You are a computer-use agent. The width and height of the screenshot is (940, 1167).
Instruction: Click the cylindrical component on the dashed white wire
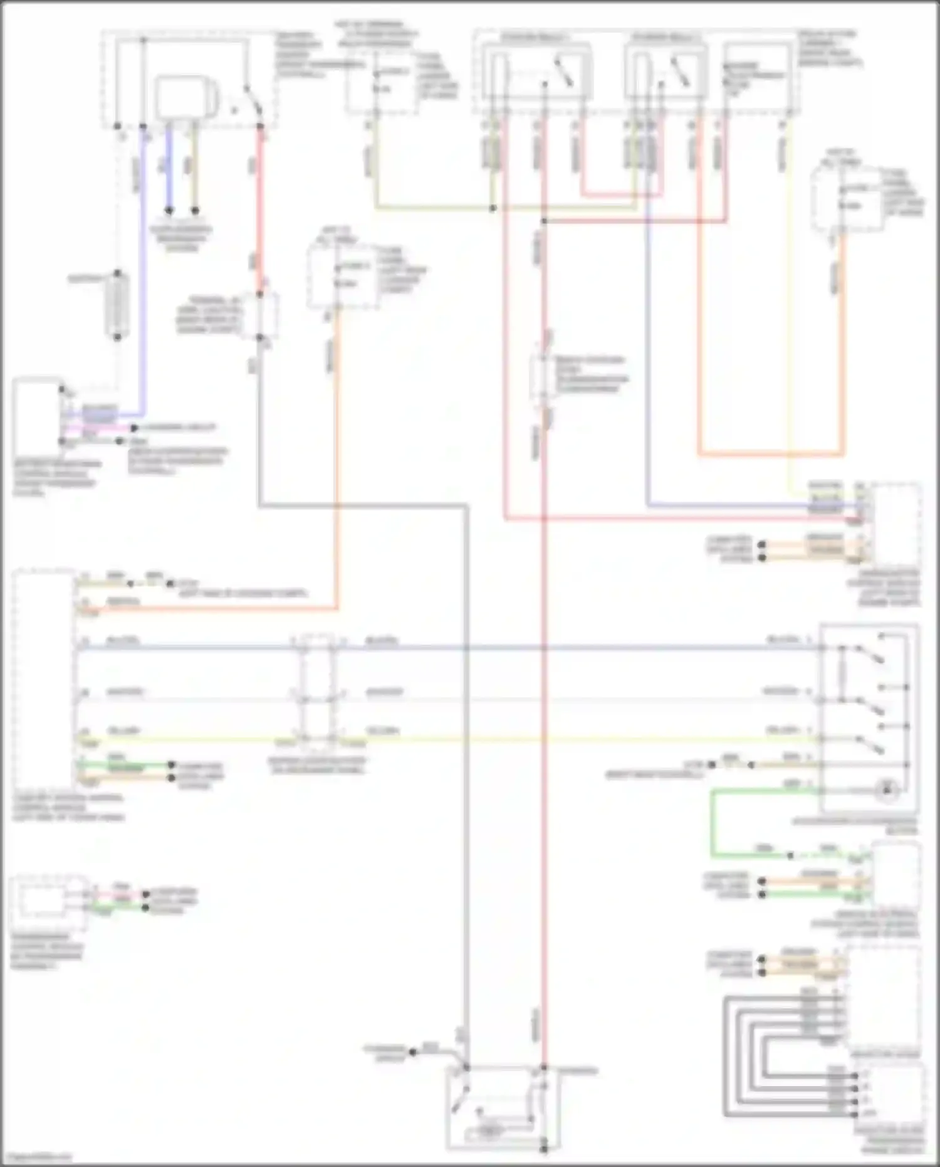point(117,305)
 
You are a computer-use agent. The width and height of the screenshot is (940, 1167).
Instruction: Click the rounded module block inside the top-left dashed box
point(185,97)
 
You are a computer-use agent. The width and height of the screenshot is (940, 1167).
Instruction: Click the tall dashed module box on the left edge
point(43,677)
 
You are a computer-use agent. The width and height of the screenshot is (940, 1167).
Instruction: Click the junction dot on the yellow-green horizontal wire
point(493,208)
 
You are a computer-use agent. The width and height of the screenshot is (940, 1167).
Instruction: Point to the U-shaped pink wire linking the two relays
point(620,194)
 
